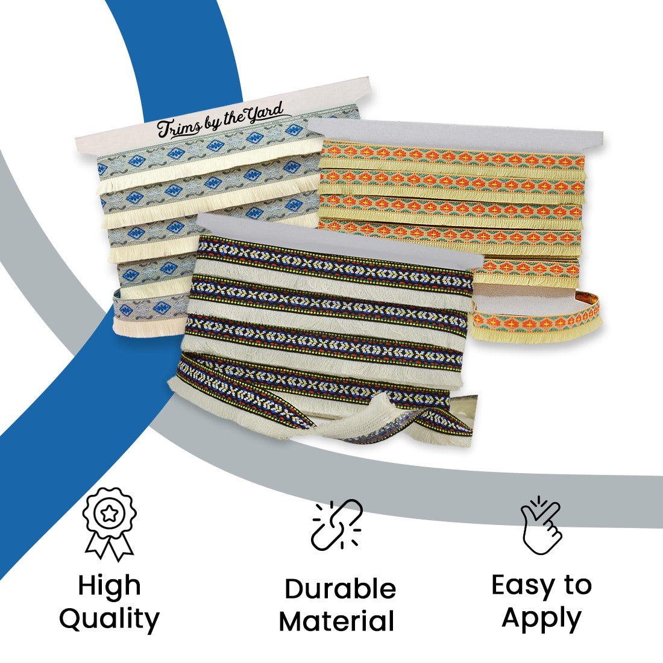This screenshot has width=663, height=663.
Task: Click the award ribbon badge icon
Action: (109, 523)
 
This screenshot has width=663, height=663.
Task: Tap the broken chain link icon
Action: (336, 524)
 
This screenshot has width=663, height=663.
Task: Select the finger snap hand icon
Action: (541, 524)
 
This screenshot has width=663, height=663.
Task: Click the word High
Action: (109, 586)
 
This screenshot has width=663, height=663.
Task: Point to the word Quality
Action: (109, 619)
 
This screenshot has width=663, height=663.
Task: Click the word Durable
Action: (340, 589)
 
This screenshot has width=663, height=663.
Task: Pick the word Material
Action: (337, 621)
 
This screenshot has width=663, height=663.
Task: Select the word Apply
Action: (541, 618)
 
